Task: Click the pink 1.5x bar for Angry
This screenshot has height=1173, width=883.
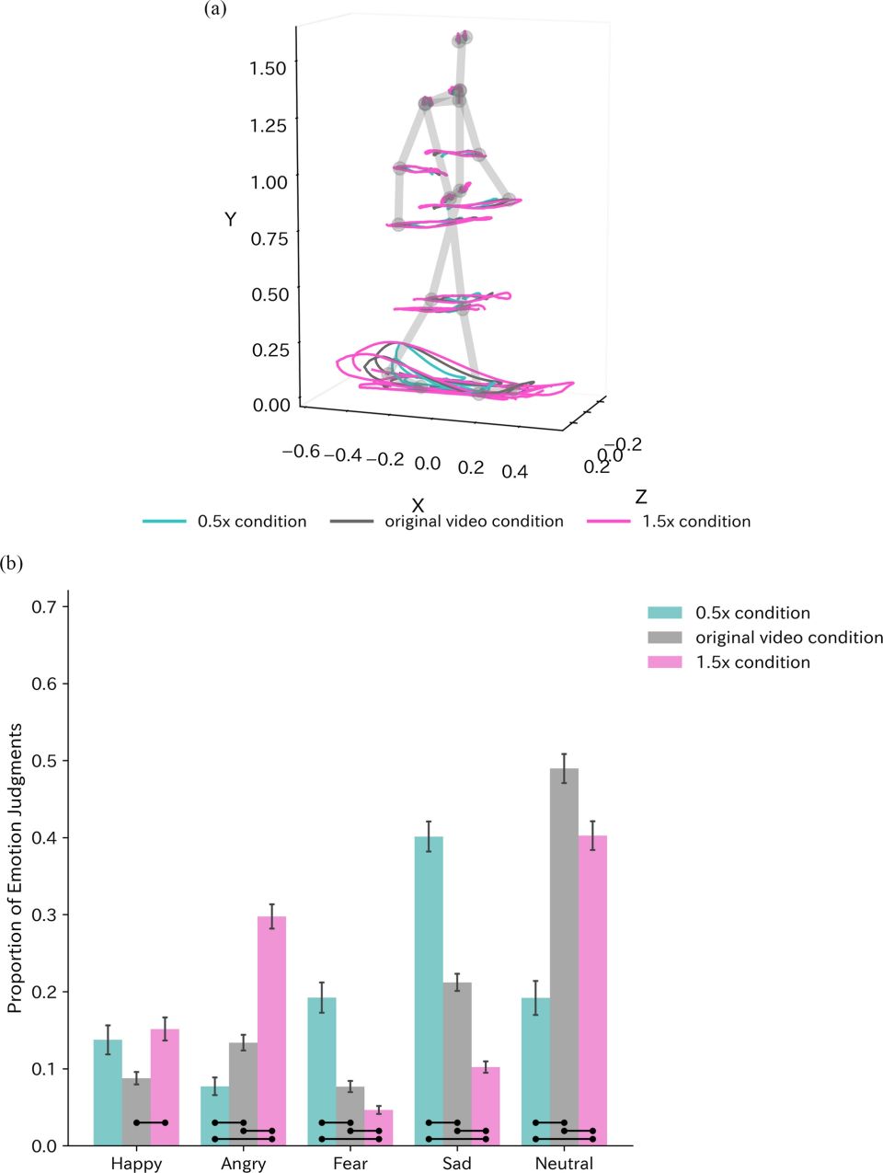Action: tap(271, 1030)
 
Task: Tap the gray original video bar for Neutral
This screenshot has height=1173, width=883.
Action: tap(564, 957)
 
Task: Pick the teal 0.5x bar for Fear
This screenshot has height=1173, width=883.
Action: tap(321, 1071)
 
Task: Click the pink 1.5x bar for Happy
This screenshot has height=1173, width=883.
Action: tap(165, 1087)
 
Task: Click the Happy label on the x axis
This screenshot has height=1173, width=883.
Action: tap(136, 1163)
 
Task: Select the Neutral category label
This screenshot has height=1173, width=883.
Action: tap(564, 1163)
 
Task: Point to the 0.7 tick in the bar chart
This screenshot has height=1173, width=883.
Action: tap(44, 606)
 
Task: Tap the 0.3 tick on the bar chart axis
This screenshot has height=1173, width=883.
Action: tap(44, 914)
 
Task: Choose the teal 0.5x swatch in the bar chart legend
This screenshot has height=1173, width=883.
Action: tap(665, 613)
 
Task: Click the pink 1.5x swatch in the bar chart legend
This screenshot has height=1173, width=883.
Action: tap(665, 662)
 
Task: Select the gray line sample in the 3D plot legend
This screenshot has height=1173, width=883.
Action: tap(351, 522)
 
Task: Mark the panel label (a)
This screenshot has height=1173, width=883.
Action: tap(215, 10)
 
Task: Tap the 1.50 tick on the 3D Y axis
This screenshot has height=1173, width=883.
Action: tap(268, 68)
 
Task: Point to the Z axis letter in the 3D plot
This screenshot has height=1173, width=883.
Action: tap(640, 498)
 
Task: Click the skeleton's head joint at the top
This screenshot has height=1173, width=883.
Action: tap(462, 38)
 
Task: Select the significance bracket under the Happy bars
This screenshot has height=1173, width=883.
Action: tap(151, 1122)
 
